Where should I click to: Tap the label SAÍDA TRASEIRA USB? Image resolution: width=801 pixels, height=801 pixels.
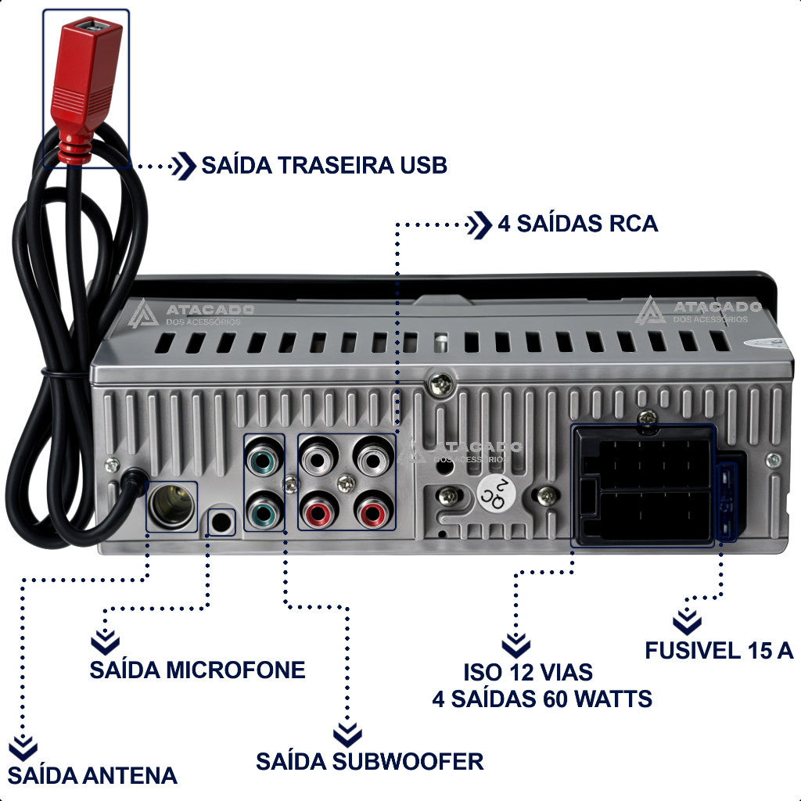[x=325, y=165]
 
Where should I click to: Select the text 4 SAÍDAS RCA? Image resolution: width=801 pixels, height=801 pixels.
[x=578, y=224]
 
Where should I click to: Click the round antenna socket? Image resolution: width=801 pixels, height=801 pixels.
[x=171, y=506]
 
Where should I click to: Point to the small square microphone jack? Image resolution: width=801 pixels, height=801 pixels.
[x=221, y=522]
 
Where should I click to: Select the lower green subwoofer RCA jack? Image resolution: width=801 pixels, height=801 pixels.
[x=264, y=510]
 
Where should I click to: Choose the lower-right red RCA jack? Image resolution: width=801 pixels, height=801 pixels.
[x=373, y=511]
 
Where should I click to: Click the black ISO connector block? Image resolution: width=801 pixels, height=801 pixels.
[x=644, y=485]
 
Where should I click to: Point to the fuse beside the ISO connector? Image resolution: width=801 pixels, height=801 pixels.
[x=727, y=502]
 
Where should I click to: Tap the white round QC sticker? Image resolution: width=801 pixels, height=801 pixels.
[x=494, y=494]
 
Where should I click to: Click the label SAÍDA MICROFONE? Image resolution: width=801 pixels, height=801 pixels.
[x=197, y=670]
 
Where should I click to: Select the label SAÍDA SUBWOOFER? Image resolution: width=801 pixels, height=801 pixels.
[x=369, y=761]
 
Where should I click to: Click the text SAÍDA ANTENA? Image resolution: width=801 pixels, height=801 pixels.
[x=92, y=775]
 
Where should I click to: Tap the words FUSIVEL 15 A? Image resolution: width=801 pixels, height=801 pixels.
[x=719, y=650]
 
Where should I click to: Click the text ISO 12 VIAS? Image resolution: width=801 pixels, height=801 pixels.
[x=528, y=672]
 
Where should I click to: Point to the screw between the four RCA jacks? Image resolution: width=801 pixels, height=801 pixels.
[x=346, y=483]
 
